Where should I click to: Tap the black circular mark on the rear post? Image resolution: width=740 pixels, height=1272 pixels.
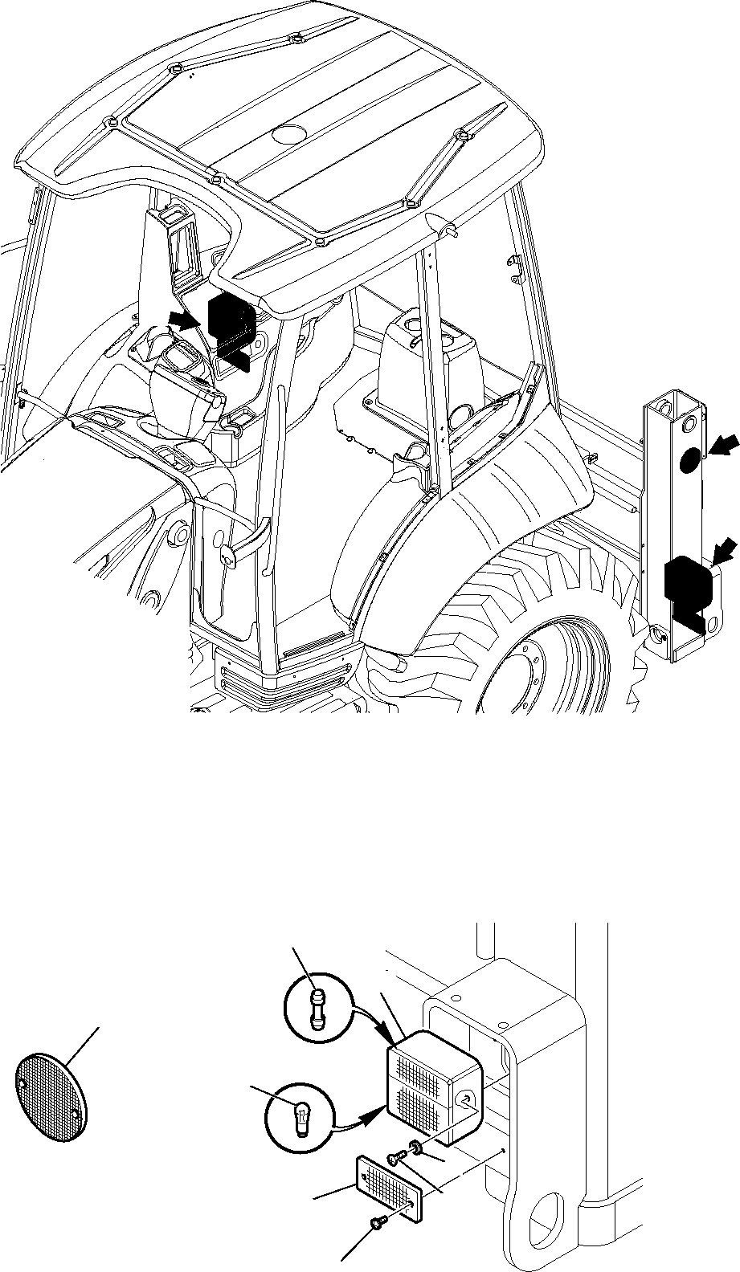(x=689, y=460)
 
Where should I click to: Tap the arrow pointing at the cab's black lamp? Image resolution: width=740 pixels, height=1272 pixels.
(x=184, y=320)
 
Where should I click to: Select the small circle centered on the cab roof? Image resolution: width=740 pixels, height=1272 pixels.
(x=286, y=134)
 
